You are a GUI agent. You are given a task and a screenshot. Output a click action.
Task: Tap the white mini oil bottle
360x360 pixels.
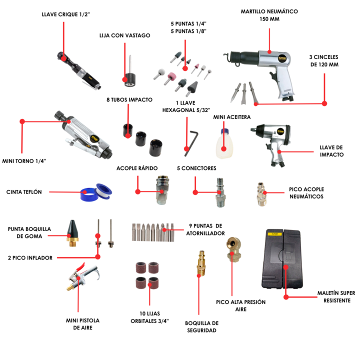point(224,140)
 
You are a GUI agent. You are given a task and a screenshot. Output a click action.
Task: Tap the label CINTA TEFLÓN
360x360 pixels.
point(24,191)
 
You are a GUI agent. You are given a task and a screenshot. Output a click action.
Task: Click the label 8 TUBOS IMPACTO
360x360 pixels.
point(129,99)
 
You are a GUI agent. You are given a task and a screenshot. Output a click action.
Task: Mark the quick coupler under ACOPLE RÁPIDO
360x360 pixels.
point(163,190)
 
